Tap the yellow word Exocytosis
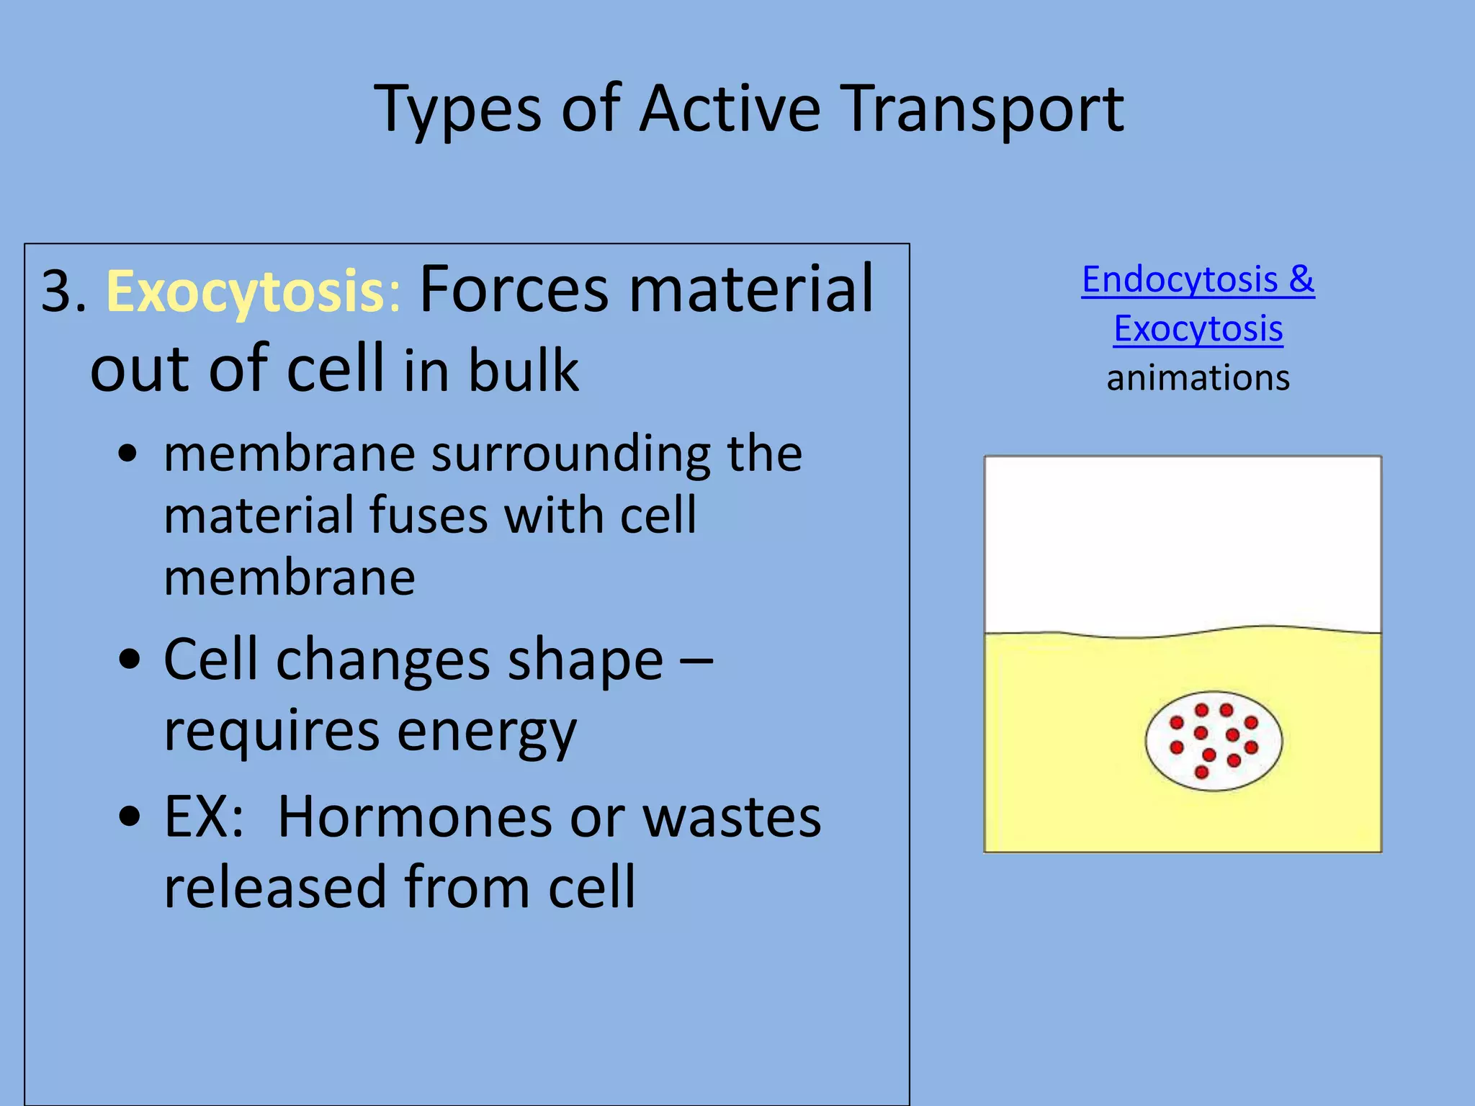pos(245,292)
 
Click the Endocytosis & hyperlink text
pos(1198,279)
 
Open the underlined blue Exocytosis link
pos(1198,329)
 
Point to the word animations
pos(1198,378)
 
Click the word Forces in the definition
pos(514,289)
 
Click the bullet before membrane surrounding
pos(128,455)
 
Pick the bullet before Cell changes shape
pos(128,660)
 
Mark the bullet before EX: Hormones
pos(128,817)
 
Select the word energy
pos(486,732)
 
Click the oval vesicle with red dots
pos(1214,742)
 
